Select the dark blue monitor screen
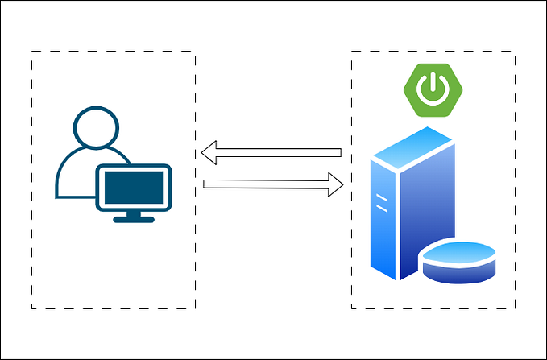pyautogui.click(x=134, y=187)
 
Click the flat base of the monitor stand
pyautogui.click(x=134, y=218)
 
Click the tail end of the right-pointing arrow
pyautogui.click(x=207, y=184)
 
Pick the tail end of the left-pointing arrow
pyautogui.click(x=340, y=151)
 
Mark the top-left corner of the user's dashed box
pyautogui.click(x=31, y=52)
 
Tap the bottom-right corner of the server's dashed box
pyautogui.click(x=515, y=309)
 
